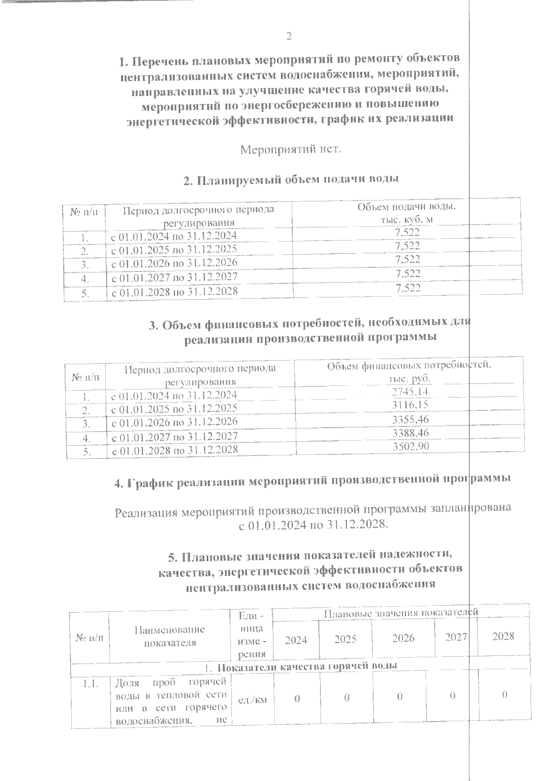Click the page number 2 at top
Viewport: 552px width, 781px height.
pos(289,36)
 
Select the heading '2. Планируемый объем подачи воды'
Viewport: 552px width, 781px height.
pos(291,180)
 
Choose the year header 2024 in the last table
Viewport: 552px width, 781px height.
pos(296,640)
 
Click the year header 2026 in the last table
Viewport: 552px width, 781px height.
pos(403,638)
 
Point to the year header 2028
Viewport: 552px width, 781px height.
pos(503,636)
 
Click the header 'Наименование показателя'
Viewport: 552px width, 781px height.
pos(169,636)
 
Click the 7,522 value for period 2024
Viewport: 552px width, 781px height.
pos(408,233)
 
